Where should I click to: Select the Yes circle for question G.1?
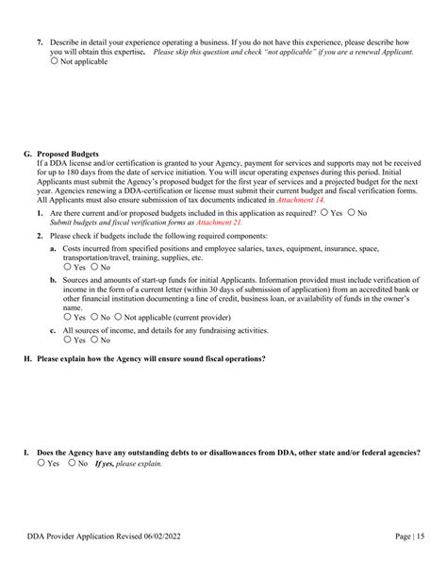pyautogui.click(x=325, y=213)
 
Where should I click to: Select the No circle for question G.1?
pyautogui.click(x=352, y=213)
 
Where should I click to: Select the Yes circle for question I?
pyautogui.click(x=41, y=464)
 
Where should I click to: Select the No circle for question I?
pyautogui.click(x=73, y=464)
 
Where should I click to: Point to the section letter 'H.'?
pyautogui.click(x=27, y=358)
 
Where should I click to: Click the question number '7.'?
pyautogui.click(x=40, y=42)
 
